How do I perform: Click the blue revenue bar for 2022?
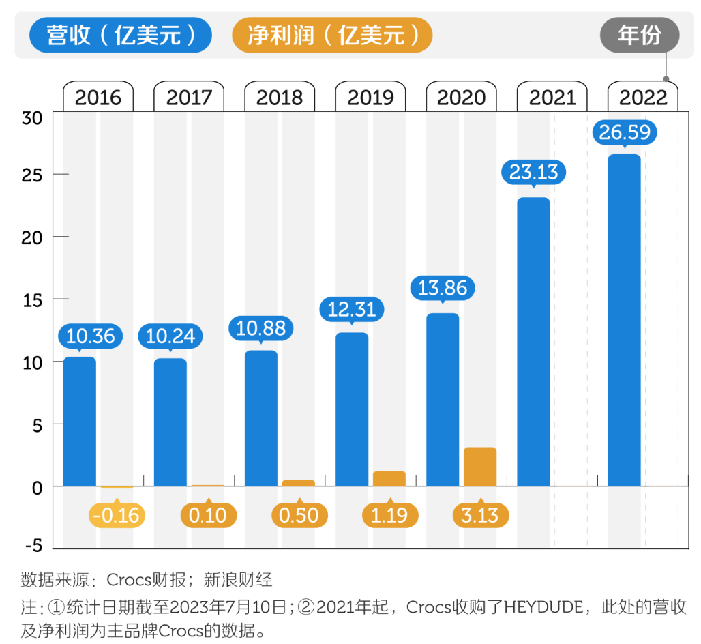624,320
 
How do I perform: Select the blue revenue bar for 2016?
80,421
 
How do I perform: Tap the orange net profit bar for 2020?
480,467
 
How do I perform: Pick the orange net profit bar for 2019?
389,479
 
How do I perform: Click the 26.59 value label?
625,132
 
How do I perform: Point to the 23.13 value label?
534,172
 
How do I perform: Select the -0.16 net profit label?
116,514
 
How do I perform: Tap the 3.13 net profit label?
480,514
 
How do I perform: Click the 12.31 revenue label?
352,309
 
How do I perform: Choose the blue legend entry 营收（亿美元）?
121,35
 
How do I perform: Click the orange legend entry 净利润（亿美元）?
333,35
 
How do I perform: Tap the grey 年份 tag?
640,35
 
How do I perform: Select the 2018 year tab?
280,97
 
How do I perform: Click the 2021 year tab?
552,97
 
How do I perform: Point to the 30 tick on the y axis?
32,118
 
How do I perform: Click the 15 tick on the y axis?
32,300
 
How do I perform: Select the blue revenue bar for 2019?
352,409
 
